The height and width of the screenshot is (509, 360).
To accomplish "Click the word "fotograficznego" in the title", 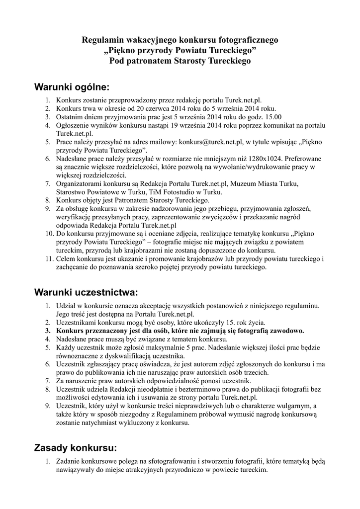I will (x=247, y=40).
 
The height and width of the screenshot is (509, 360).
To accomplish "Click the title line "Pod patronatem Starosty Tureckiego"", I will (x=180, y=61).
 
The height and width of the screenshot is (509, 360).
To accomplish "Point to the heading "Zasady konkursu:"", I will (x=76, y=448).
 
